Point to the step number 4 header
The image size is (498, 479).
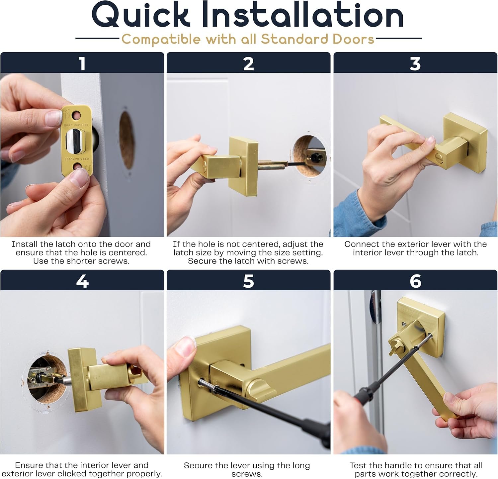click(x=82, y=281)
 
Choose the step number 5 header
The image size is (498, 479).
click(x=248, y=281)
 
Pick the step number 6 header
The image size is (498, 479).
click(x=415, y=281)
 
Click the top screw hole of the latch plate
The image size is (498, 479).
click(x=77, y=116)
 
